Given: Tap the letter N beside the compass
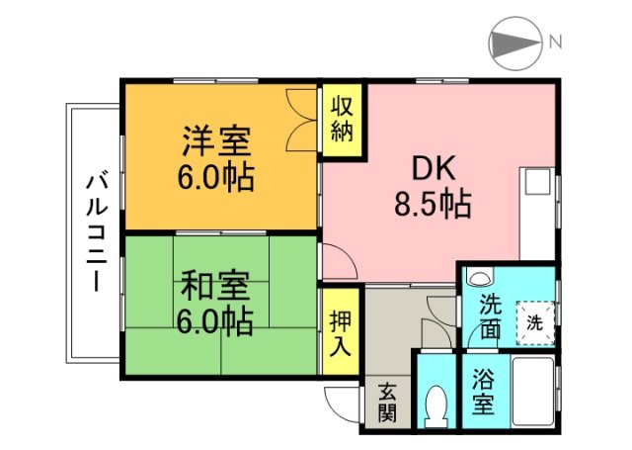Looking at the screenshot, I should coord(556,43).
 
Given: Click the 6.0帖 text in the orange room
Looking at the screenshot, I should coord(215,178).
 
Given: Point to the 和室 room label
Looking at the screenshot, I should coord(215,284).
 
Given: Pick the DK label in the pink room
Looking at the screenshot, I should coord(429,168).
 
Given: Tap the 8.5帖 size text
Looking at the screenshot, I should coord(431,205).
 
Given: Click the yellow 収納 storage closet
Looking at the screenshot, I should coord(342,120).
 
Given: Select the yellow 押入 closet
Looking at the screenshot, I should coord(340,332).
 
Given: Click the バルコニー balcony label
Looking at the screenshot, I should coord(96,231).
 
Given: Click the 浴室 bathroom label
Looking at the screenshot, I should coord(483,392).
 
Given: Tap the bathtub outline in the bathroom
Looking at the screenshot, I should coord(532,392).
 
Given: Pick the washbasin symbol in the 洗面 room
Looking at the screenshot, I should coord(480,280).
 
